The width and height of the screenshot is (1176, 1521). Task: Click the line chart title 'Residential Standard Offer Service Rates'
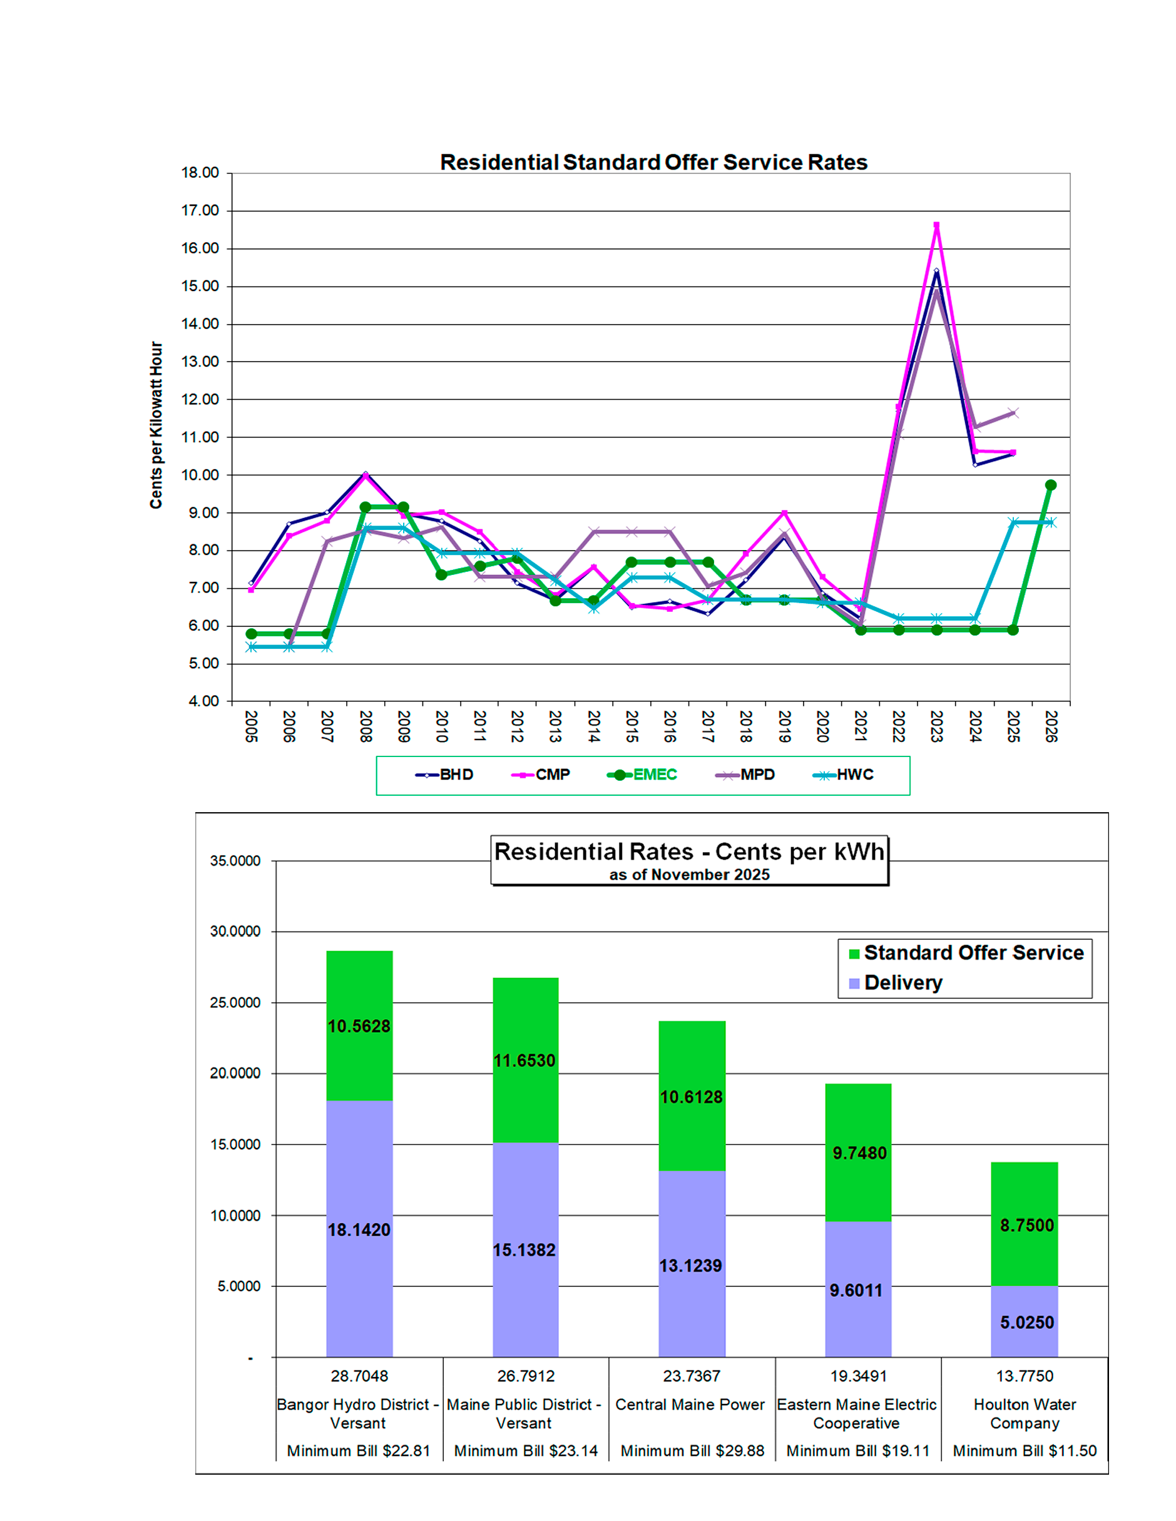click(x=653, y=162)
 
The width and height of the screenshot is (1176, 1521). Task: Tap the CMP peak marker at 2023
click(x=936, y=225)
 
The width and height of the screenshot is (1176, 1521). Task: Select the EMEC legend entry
click(x=643, y=775)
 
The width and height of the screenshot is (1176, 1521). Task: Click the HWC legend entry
click(x=844, y=775)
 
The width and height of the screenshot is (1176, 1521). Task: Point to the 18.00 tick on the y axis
click(x=200, y=173)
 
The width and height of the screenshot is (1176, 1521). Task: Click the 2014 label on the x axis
click(x=593, y=726)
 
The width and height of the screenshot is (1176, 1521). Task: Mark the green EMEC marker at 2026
click(x=1051, y=485)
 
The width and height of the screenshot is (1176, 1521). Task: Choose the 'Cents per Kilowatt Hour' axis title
click(x=156, y=425)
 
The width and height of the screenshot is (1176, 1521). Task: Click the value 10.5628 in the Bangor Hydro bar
click(x=359, y=1027)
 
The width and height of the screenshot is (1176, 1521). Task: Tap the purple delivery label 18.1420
click(x=359, y=1230)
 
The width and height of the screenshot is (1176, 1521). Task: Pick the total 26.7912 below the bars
click(x=525, y=1376)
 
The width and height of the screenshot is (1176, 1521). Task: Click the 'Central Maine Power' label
click(x=690, y=1405)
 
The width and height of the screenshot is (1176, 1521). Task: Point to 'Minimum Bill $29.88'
click(x=692, y=1451)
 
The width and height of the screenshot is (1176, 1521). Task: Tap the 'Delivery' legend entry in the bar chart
click(x=902, y=983)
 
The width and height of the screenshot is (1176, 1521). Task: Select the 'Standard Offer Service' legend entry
click(x=973, y=953)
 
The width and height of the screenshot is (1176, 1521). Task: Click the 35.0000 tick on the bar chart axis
click(x=235, y=861)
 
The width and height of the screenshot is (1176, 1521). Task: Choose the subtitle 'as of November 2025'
click(x=689, y=875)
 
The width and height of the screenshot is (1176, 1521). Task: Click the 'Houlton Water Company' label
click(x=1024, y=1414)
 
